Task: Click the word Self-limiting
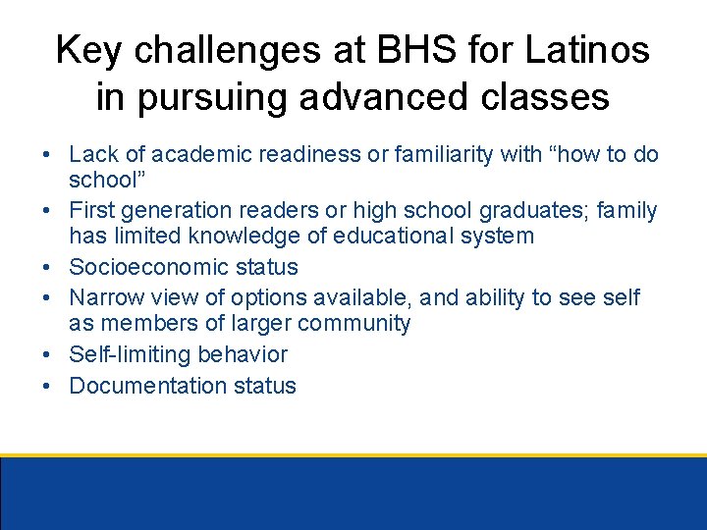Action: [x=125, y=354]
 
